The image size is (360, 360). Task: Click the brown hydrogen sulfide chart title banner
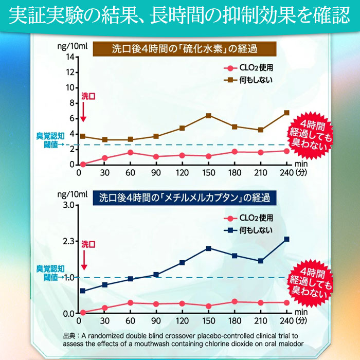point(185,50)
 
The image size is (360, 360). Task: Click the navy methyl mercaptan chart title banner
point(185,197)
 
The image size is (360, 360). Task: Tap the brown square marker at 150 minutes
point(208,116)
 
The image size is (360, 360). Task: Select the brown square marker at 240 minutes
point(286,113)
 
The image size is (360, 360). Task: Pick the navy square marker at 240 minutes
point(286,239)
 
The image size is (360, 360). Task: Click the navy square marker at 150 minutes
point(208,248)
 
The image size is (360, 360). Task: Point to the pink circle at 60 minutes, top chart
point(131,152)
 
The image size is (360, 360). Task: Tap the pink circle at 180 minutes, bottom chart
point(235,302)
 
